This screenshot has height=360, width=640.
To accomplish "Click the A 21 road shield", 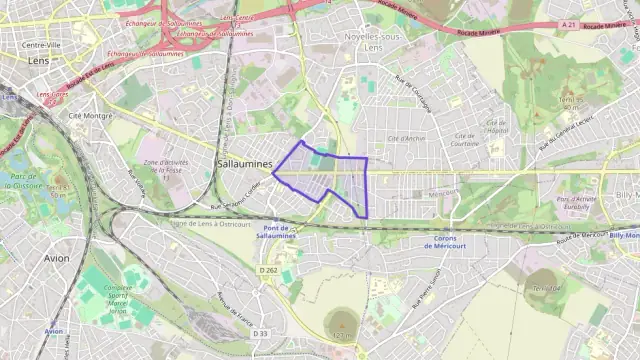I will point(569,24).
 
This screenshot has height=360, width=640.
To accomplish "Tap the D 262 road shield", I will point(266,270).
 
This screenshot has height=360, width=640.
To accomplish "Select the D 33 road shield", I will point(261,333).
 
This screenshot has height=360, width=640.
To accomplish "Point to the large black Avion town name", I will point(57,257).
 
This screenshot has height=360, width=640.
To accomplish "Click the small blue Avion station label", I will point(54,331).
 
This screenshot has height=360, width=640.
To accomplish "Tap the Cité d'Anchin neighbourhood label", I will point(407,138).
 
